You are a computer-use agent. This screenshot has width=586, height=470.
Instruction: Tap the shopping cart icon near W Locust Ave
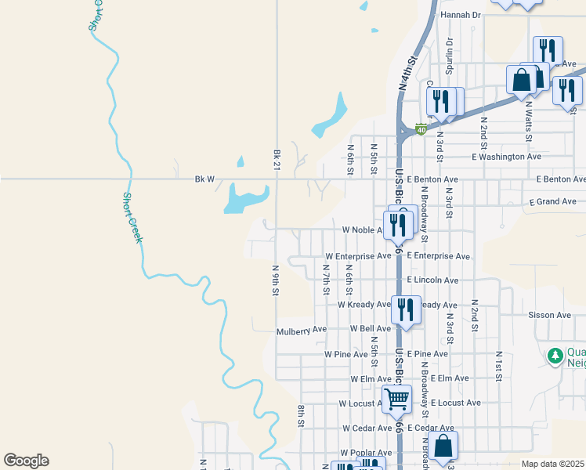coord(396,399)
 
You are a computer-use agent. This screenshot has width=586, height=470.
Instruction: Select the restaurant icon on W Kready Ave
coord(406,309)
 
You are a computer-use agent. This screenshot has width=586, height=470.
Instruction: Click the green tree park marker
coord(555,356)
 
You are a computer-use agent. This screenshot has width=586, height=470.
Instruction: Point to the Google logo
coord(26,461)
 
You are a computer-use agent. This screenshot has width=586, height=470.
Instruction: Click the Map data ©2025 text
coord(552,464)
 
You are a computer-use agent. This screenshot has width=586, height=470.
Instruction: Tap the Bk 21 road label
coord(277,160)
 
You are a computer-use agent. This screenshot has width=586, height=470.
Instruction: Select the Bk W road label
coord(204,179)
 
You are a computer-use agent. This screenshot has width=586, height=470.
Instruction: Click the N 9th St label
coord(276,280)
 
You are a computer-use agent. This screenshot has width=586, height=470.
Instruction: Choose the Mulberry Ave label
coord(302,331)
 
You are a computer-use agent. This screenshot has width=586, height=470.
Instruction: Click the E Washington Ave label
coord(507,157)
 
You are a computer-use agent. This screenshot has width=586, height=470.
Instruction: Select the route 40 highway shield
coord(421,129)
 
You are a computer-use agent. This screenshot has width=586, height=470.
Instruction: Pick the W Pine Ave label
coord(346,354)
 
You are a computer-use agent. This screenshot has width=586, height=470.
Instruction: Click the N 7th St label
coord(326,280)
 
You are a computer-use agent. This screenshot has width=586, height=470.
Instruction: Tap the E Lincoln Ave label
coord(432,280)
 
